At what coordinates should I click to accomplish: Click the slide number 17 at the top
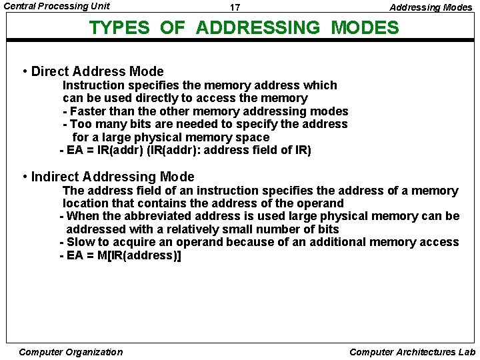pos(235,8)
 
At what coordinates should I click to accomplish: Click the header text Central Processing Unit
pos(57,6)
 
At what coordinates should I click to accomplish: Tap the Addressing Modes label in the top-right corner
pos(431,7)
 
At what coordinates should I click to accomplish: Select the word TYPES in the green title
pos(121,28)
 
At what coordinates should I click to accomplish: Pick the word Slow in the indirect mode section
pos(81,242)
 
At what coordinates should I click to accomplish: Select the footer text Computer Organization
pos(71,352)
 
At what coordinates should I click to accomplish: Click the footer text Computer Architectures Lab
pos(412,352)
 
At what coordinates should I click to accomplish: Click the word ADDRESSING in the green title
pos(258,28)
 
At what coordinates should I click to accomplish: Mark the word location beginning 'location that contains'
pos(85,203)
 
